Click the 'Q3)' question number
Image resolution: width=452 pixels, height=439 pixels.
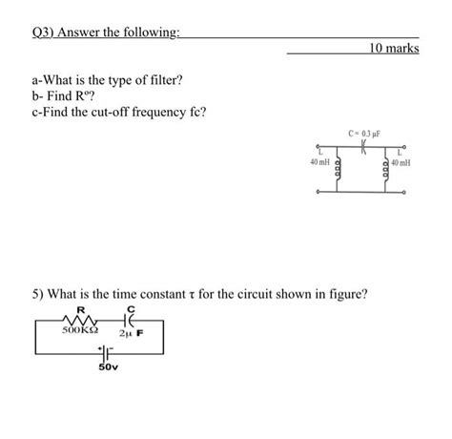click(46, 32)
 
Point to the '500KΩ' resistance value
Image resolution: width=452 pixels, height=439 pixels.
click(79, 333)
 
